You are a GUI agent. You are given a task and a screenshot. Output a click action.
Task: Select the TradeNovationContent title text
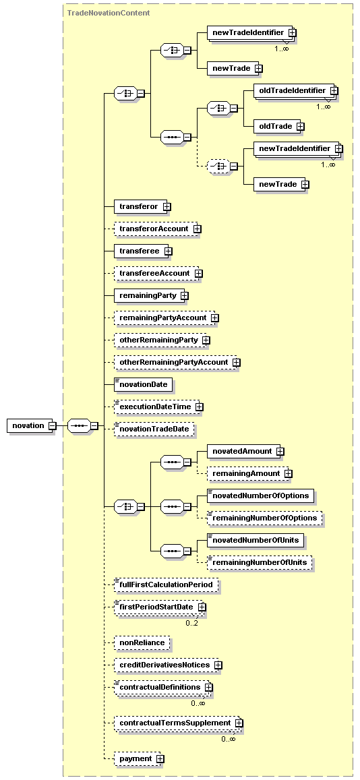click(x=109, y=12)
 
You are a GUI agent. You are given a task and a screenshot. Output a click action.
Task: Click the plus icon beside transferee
click(x=168, y=251)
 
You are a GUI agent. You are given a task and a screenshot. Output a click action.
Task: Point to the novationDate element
click(x=144, y=384)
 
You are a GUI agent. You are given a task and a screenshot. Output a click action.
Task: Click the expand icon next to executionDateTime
click(x=199, y=407)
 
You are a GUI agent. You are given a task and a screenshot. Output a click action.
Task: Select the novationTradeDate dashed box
click(x=154, y=429)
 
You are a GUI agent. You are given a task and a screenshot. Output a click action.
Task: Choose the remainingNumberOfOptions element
click(x=264, y=518)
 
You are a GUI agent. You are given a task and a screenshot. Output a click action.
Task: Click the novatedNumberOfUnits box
click(x=256, y=540)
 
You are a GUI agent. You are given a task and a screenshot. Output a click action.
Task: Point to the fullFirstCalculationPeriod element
click(x=166, y=585)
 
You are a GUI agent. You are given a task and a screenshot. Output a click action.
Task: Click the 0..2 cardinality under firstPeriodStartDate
click(x=191, y=623)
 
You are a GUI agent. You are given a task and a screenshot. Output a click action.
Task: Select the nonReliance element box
click(x=142, y=642)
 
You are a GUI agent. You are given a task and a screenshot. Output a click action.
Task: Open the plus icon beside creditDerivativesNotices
click(x=218, y=665)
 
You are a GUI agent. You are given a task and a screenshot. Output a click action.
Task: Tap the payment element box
click(x=136, y=758)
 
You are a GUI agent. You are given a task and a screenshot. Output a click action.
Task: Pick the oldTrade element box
click(x=275, y=126)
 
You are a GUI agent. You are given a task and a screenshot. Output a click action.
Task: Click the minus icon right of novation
click(x=52, y=426)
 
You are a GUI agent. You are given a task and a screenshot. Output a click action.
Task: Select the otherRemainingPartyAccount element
click(x=173, y=362)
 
